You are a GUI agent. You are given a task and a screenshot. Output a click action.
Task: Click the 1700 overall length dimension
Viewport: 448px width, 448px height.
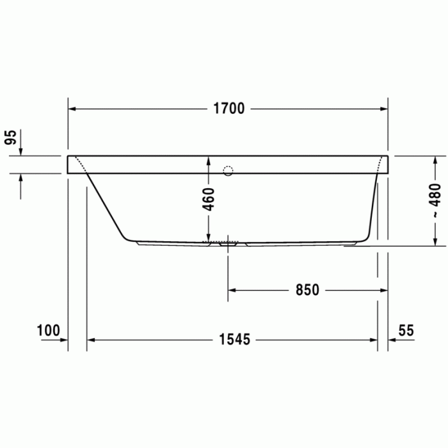pos(228,109)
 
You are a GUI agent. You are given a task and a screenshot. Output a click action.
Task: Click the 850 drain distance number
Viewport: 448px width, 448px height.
pos(307,290)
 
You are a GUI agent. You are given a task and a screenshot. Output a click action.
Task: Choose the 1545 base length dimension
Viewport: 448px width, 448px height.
pos(232,340)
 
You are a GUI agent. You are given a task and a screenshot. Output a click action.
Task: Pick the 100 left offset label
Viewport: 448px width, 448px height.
pos(48,330)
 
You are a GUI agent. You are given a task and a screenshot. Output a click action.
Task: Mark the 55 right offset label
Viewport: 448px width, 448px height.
pos(406,330)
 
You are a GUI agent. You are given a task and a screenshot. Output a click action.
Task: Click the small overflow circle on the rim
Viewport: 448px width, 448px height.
pos(228,170)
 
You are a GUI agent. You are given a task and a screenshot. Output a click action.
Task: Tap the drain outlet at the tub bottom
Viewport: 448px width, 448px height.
pos(228,243)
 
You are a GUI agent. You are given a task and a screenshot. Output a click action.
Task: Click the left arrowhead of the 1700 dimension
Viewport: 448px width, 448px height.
pos(73,109)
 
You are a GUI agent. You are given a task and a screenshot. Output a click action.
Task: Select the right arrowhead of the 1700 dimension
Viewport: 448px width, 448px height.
pos(383,109)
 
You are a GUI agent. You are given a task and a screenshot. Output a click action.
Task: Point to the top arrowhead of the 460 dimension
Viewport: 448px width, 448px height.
pos(209,160)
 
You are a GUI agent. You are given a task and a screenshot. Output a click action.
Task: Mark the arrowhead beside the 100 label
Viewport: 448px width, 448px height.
pos(63,340)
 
